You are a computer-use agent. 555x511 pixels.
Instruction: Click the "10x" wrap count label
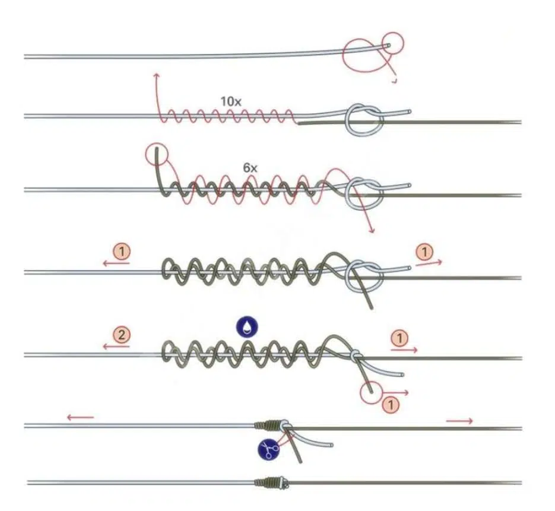coord(231,102)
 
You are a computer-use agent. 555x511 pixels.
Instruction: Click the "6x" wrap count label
coord(250,168)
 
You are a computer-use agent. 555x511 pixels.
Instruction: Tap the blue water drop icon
coord(247,327)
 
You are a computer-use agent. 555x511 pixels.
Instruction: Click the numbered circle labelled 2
coord(122,334)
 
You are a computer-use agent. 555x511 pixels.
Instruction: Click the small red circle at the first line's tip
coord(393,43)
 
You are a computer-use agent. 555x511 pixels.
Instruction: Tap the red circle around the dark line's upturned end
coord(157,154)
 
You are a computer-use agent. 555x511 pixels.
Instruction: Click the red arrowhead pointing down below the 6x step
coord(372,231)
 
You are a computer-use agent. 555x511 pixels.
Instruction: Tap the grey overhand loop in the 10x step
coord(364,120)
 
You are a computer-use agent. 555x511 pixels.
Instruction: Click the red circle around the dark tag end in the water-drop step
coord(371,393)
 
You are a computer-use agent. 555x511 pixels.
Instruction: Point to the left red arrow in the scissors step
coord(80,418)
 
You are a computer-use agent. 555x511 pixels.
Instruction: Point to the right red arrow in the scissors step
coord(459,421)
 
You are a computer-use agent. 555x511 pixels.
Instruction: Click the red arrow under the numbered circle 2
coord(116,347)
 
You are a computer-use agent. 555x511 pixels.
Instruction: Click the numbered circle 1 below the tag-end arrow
coord(391,404)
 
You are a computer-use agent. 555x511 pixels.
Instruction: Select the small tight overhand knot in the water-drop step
coord(356,355)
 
